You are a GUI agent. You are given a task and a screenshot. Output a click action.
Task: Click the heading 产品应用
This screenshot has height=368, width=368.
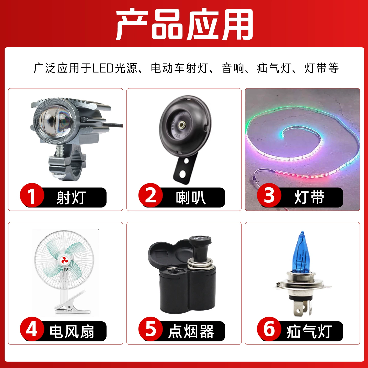click(x=185, y=24)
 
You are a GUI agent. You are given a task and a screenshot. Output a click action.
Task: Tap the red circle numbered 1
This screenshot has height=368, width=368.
click(x=32, y=195)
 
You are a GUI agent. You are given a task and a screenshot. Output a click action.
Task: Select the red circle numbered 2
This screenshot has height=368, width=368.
click(x=151, y=195)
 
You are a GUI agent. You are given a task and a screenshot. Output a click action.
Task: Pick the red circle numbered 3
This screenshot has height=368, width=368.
click(x=269, y=195)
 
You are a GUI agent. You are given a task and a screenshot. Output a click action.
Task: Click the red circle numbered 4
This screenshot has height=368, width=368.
click(x=32, y=329)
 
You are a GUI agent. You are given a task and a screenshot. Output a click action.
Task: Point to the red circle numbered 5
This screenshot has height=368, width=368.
click(x=151, y=329)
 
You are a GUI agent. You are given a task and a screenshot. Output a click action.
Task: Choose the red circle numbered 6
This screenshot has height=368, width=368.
click(x=269, y=329)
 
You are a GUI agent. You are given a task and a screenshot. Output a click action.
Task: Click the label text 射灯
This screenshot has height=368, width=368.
click(x=71, y=198)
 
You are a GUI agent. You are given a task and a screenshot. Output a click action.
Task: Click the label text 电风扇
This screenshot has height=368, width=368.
click(x=72, y=331)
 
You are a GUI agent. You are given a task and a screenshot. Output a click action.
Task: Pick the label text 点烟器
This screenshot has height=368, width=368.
click(x=191, y=331)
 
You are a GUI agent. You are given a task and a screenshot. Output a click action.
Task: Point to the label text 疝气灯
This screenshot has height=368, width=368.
click(x=309, y=331)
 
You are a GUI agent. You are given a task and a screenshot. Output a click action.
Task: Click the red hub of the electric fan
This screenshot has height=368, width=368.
click(x=64, y=260)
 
